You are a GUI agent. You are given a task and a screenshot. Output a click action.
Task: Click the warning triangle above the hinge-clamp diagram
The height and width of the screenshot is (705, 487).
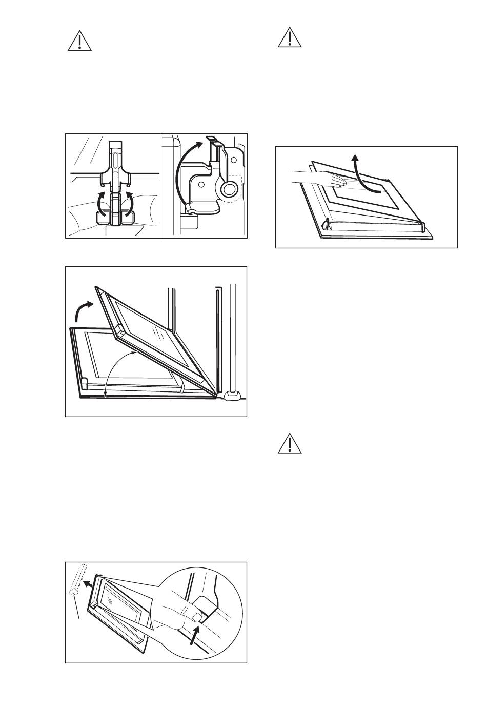pos(79,41)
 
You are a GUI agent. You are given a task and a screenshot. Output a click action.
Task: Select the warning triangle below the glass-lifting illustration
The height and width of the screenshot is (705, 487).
pos(289,444)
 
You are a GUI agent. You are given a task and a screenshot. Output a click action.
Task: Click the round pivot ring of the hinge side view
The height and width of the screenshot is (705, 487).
pos(229,190)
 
